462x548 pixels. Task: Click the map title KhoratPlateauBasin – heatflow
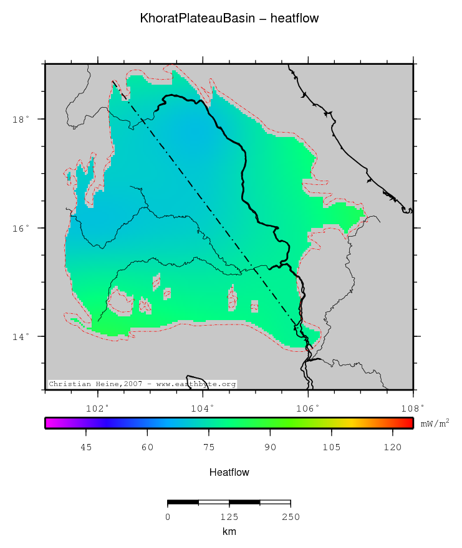click(x=230, y=19)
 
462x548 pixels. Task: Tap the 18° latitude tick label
click(x=21, y=120)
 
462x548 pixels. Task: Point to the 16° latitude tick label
click(x=21, y=229)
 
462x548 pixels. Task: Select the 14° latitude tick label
click(x=21, y=337)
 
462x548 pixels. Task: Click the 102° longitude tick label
click(x=99, y=409)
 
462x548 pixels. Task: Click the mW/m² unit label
click(x=435, y=423)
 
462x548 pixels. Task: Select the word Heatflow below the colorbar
click(x=229, y=473)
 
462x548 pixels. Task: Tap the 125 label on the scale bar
click(x=229, y=517)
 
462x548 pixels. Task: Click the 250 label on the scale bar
click(x=291, y=517)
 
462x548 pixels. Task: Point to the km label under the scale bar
click(x=229, y=532)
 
